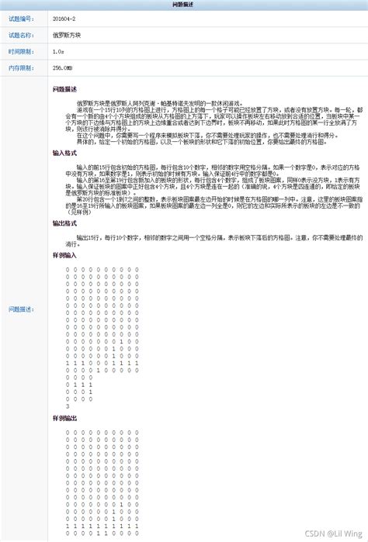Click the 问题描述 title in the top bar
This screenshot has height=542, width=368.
tap(184, 5)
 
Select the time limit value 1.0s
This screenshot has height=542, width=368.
tap(57, 52)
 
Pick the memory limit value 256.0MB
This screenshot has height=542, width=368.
tap(62, 68)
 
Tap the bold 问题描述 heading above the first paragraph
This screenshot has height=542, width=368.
tap(64, 88)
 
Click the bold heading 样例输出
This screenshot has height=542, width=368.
tap(64, 417)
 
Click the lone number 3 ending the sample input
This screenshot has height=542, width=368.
tap(68, 406)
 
